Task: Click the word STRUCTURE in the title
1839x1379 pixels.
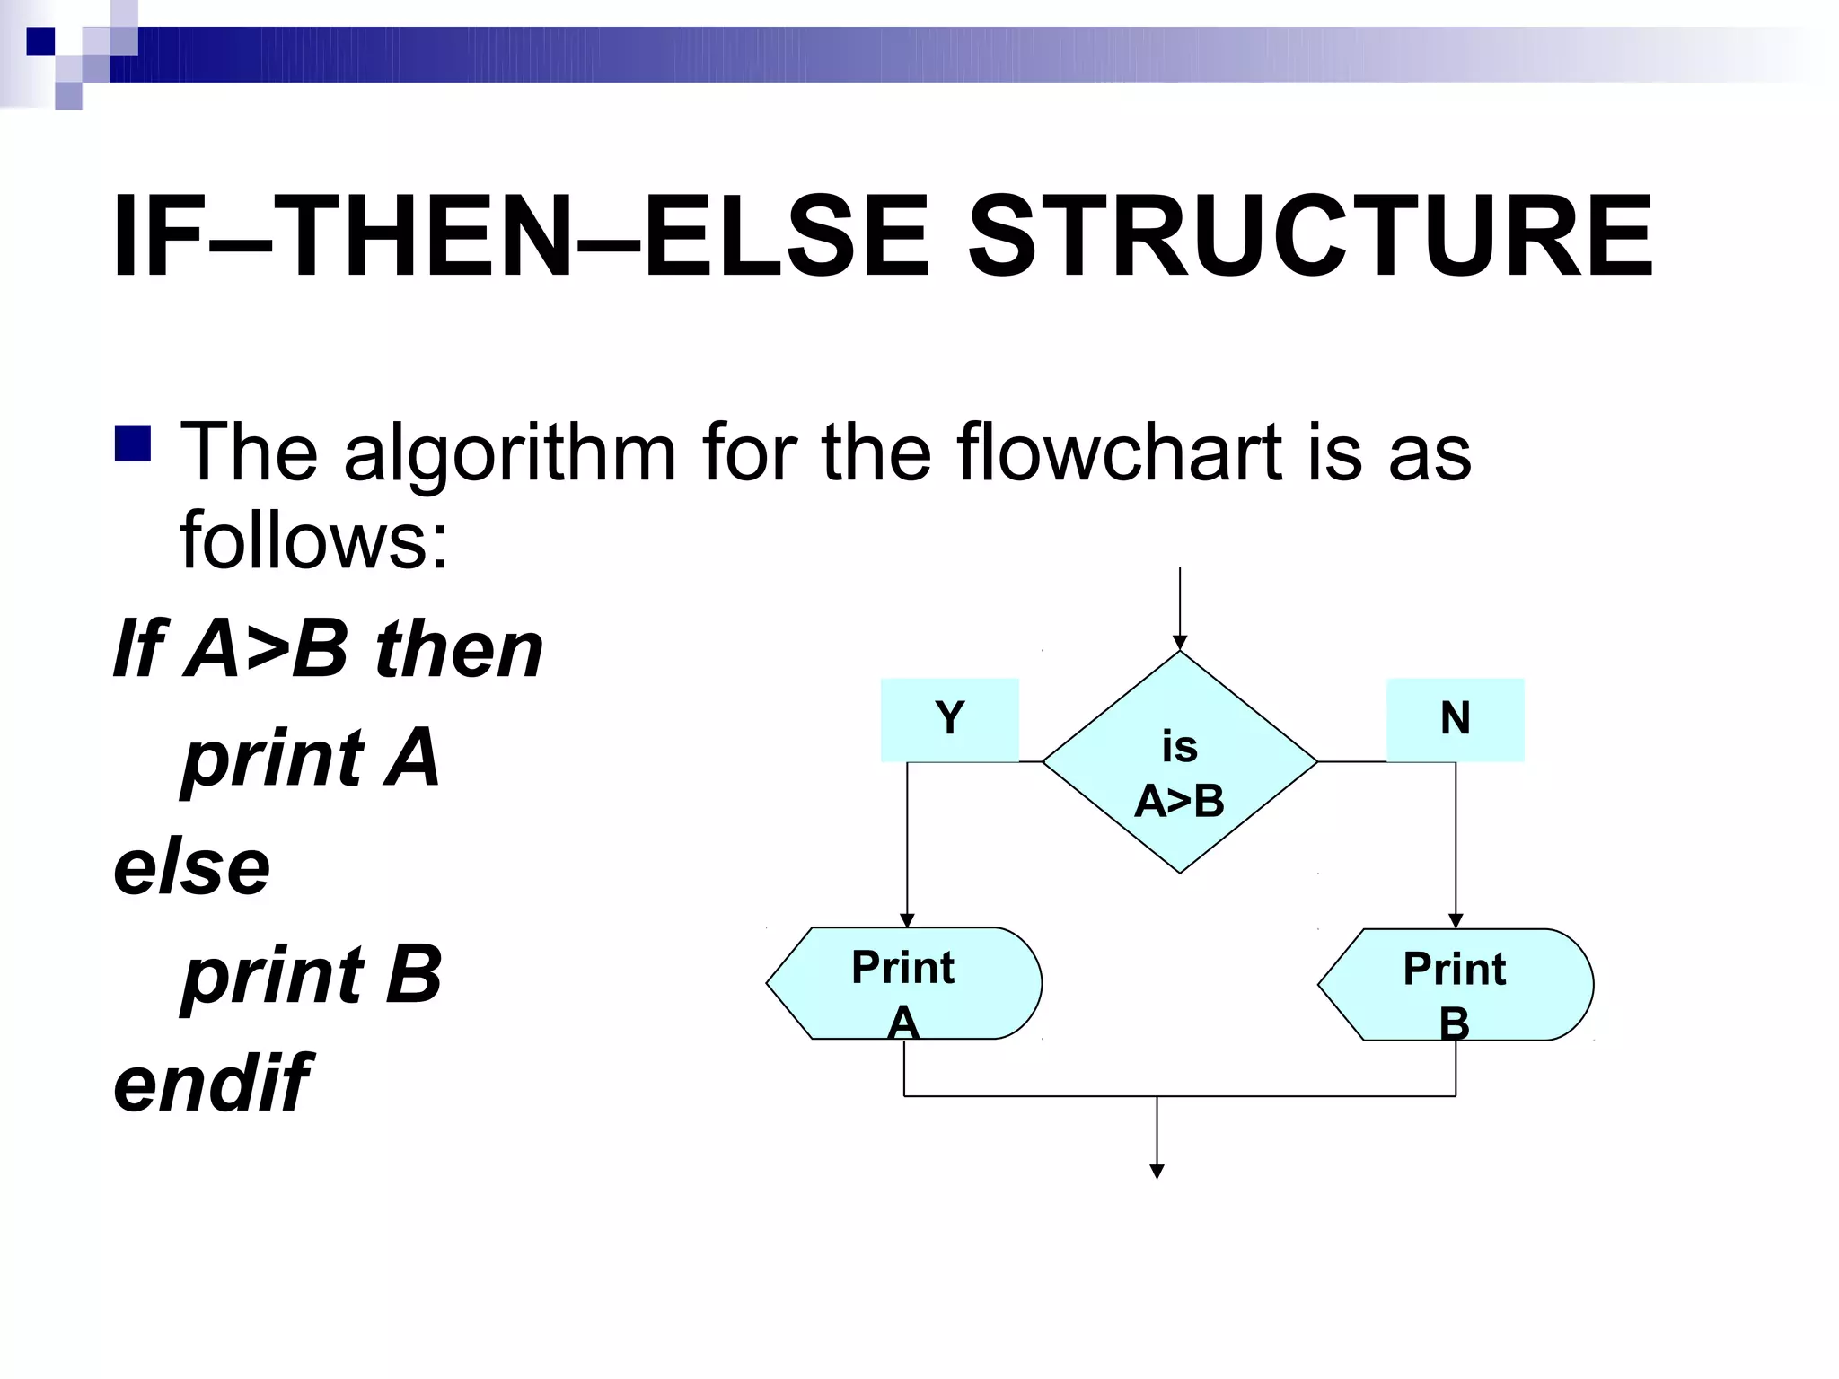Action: (1310, 237)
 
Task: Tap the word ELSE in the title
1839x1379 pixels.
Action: (788, 237)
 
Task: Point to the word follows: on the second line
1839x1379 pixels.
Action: (313, 540)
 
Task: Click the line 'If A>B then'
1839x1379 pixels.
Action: (328, 649)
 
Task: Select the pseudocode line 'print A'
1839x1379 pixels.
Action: (311, 758)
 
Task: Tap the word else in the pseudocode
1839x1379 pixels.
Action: (191, 867)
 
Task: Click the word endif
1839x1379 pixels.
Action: (212, 1084)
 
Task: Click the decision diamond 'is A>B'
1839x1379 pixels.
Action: (1179, 762)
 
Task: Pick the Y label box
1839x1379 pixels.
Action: (949, 719)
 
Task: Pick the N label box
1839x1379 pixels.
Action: (1455, 719)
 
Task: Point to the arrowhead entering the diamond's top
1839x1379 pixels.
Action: (1180, 643)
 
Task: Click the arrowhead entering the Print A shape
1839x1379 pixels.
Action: (907, 920)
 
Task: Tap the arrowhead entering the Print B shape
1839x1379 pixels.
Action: (1456, 921)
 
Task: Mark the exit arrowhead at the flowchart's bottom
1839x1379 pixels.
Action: (1157, 1172)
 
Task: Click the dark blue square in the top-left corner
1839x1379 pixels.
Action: (40, 40)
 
